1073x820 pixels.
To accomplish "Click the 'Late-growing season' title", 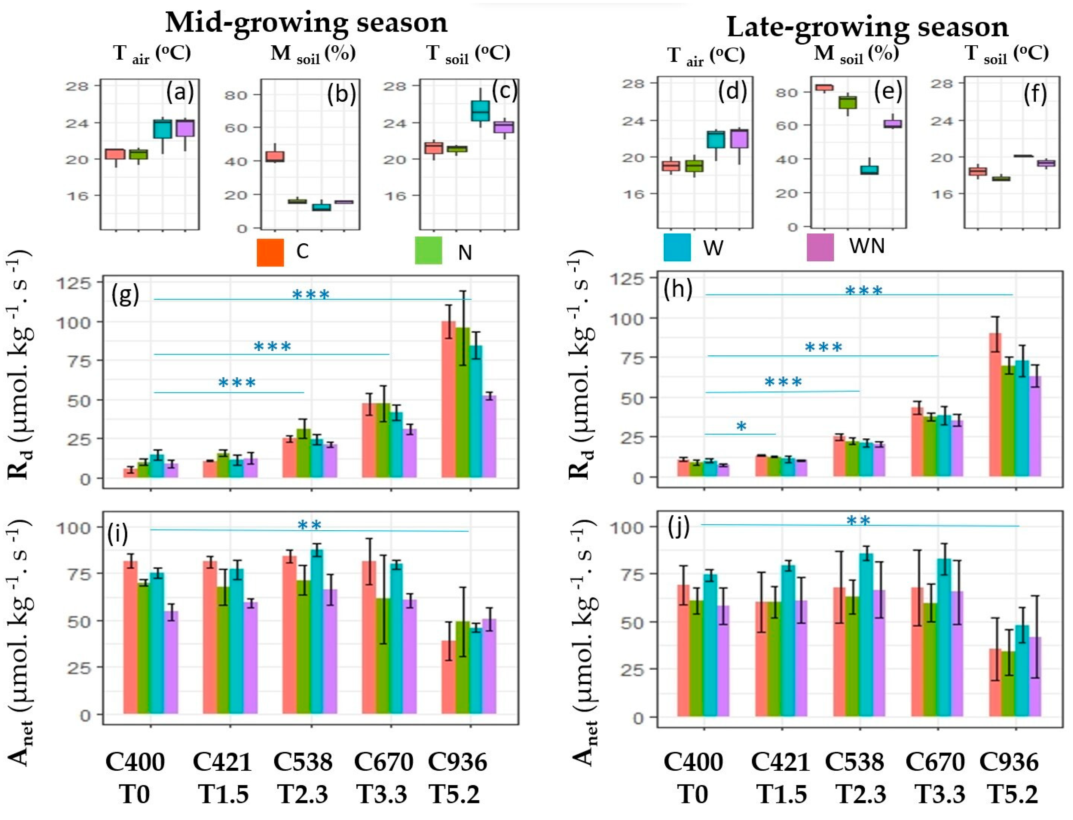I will coord(867,27).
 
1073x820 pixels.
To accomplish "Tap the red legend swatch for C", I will coord(270,252).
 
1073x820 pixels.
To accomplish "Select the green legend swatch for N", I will coord(428,250).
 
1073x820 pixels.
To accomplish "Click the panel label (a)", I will coord(179,92).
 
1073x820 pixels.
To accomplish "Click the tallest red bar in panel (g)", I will coord(448,399).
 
